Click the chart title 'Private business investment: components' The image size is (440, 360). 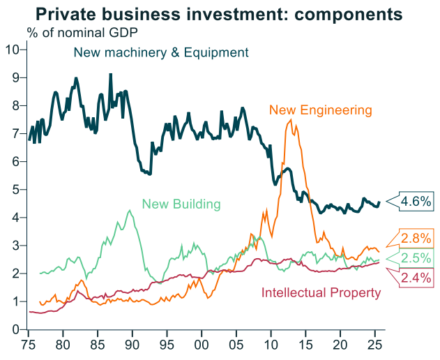(x=220, y=13)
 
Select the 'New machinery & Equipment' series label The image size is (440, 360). (x=161, y=52)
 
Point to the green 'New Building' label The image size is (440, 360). (x=181, y=204)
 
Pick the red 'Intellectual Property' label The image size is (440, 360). (x=321, y=292)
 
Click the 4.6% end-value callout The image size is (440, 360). (x=416, y=202)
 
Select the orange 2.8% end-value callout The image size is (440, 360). (x=416, y=238)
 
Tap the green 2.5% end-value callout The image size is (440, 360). (x=416, y=258)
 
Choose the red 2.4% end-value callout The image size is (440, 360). (x=416, y=278)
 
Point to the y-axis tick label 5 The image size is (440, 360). (x=15, y=189)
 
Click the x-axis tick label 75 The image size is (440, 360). (x=29, y=345)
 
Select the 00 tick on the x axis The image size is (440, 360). (x=201, y=345)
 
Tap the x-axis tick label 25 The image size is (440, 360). (x=374, y=345)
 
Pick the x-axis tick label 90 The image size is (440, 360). (x=132, y=345)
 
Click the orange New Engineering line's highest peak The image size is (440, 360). (x=290, y=120)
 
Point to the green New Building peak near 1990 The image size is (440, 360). (x=130, y=210)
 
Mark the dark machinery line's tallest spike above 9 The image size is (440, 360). (x=110, y=74)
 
